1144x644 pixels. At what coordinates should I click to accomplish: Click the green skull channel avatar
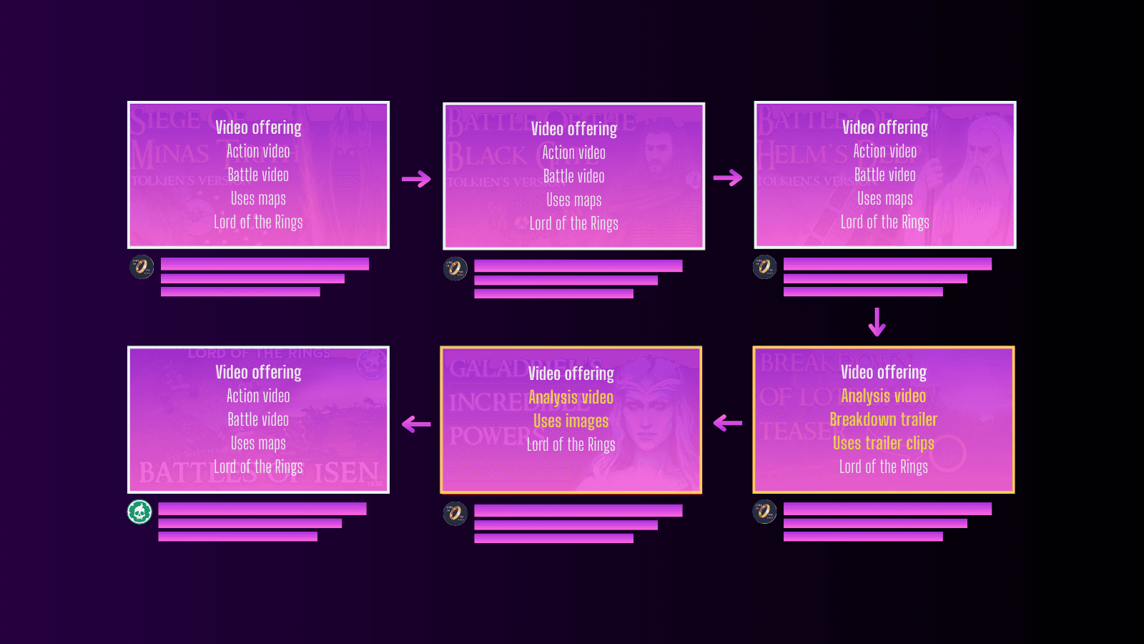(139, 512)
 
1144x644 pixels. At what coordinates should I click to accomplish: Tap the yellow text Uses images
(571, 421)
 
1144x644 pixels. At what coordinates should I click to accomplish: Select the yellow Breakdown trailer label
(883, 419)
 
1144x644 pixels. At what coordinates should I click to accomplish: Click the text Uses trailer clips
(883, 443)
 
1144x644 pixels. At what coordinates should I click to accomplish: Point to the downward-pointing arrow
(877, 322)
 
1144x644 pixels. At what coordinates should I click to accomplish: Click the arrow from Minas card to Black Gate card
(416, 178)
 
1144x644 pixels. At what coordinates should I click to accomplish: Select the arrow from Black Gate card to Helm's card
(728, 178)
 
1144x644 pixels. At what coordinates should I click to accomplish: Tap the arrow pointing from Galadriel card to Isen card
(416, 424)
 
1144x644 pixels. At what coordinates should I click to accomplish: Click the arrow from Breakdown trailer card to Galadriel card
(728, 423)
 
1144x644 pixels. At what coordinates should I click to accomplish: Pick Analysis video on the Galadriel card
(571, 397)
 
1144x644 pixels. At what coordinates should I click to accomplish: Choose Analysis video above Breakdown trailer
(883, 396)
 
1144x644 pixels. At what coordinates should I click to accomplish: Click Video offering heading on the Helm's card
(884, 127)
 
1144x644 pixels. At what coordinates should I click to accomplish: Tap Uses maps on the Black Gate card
(573, 200)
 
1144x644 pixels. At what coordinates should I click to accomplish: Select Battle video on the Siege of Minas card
(258, 175)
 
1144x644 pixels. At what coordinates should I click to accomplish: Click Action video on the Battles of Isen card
(258, 396)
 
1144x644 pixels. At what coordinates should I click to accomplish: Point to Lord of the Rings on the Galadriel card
(571, 444)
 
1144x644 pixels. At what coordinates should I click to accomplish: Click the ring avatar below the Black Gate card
(455, 268)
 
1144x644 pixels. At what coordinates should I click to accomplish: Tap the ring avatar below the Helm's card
(764, 267)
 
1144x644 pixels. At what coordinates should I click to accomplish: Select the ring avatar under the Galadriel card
(455, 513)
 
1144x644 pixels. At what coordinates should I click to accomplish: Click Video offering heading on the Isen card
(258, 372)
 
